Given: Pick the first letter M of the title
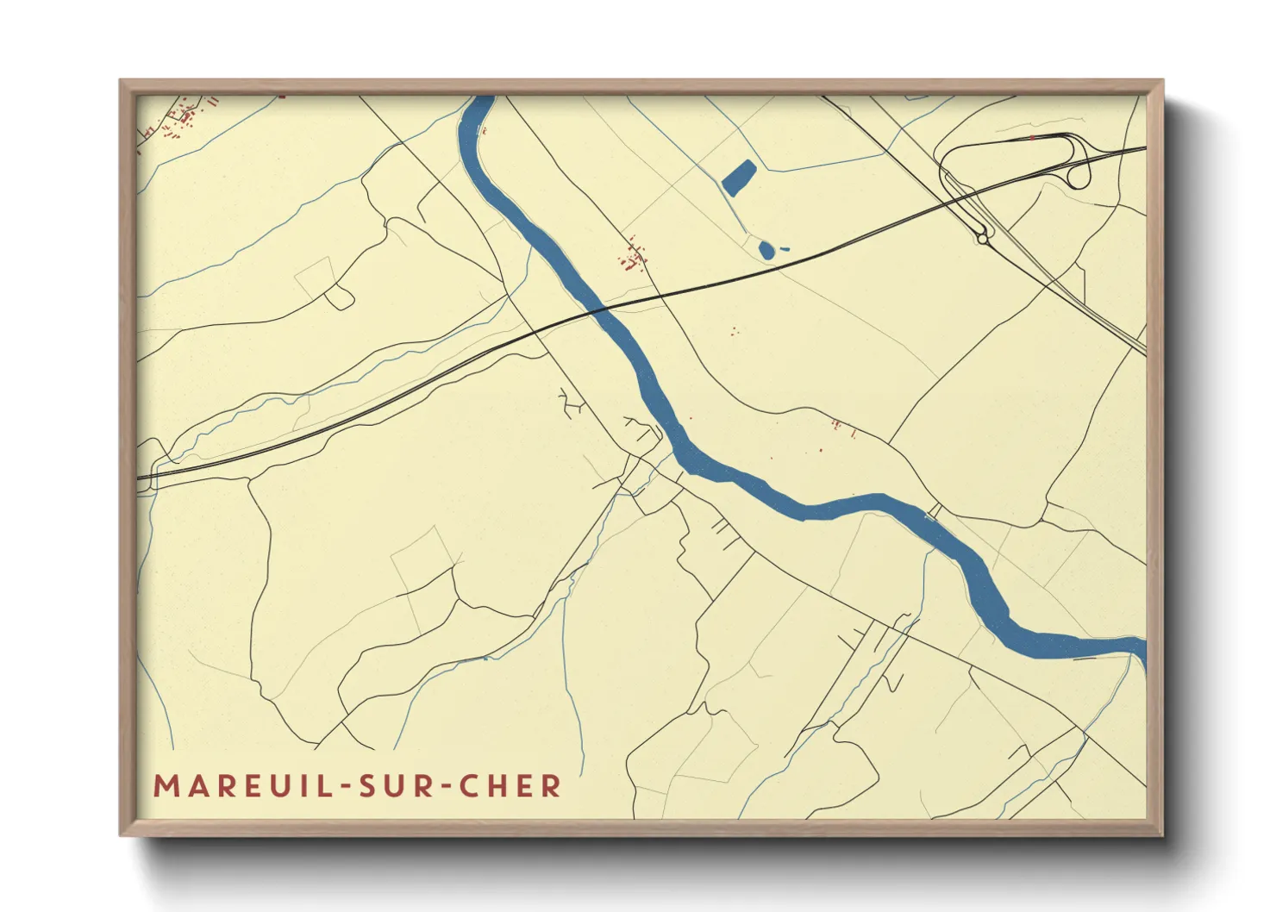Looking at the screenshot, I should (x=165, y=786).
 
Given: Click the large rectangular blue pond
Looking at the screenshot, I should (x=739, y=177).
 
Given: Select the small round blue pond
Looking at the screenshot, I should (x=766, y=250).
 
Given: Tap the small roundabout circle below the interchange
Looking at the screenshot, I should (x=982, y=239).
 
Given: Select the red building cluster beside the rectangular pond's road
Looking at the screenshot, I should (x=634, y=257).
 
